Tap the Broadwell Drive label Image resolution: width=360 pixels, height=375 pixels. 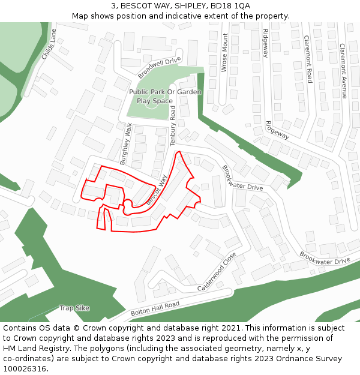[159, 68]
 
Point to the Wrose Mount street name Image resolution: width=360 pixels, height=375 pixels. [224, 53]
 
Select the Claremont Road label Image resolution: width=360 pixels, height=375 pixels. [308, 59]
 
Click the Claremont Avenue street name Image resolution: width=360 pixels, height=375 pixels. [343, 70]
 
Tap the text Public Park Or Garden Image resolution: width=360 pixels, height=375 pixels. [165, 92]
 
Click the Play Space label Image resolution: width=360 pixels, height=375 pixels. [154, 101]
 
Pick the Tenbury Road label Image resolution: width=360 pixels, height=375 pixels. [173, 126]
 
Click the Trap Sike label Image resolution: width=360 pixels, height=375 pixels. [74, 308]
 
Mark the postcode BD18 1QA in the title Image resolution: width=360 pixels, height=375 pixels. [230, 5]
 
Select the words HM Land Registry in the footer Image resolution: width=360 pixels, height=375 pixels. [35, 348]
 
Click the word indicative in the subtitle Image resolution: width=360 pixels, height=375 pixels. [201, 16]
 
